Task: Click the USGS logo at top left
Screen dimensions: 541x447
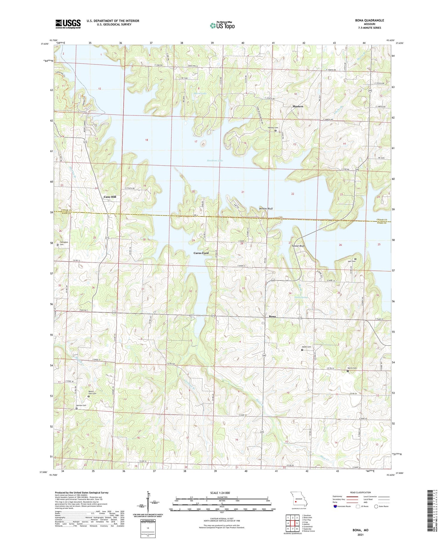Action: (x=68, y=24)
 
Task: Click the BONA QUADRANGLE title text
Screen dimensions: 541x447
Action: (x=369, y=20)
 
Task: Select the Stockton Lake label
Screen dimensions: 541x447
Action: (x=215, y=161)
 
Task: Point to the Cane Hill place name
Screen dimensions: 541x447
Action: (x=110, y=197)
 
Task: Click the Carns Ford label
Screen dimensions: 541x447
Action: (x=201, y=253)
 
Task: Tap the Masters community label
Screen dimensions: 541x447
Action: (x=297, y=106)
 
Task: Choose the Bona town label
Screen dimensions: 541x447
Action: (x=272, y=316)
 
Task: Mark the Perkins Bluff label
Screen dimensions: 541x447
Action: (x=266, y=209)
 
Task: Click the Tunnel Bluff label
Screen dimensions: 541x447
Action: (x=298, y=246)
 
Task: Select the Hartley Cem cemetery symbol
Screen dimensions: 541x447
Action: (x=275, y=130)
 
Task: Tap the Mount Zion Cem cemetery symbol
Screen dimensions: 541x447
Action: (x=89, y=397)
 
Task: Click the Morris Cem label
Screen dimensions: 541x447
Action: (x=352, y=368)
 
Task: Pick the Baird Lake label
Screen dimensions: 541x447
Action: (x=200, y=93)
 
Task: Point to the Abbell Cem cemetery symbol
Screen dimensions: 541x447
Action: (x=302, y=350)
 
